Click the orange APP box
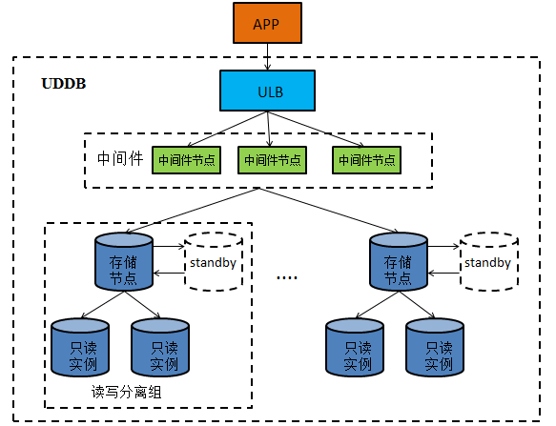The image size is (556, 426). click(267, 23)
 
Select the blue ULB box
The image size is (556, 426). click(267, 91)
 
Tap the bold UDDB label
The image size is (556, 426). click(64, 84)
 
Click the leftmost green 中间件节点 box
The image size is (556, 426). click(187, 160)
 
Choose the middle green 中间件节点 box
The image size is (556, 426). click(273, 160)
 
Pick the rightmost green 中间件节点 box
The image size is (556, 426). click(366, 160)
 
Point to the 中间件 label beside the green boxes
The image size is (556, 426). click(120, 158)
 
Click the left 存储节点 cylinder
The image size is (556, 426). click(124, 262)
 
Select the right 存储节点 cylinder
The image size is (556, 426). click(399, 262)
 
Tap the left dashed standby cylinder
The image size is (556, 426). click(214, 262)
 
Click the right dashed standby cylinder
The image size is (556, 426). click(489, 262)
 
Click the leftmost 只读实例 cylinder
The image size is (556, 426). click(80, 348)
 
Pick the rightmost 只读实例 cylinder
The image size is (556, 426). click(435, 348)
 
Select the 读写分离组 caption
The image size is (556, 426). click(126, 392)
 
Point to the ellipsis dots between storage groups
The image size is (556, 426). click(287, 277)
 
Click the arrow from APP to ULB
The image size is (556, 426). click(267, 57)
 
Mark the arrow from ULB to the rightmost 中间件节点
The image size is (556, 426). click(316, 129)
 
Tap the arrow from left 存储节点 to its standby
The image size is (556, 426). click(169, 246)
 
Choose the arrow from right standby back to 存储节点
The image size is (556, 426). click(444, 274)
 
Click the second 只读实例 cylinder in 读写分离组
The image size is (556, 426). click(160, 348)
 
